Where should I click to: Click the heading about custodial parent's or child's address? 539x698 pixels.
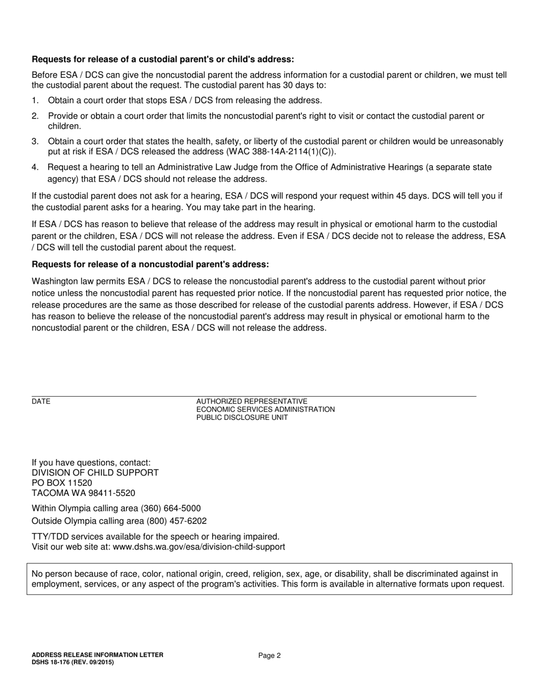point(163,59)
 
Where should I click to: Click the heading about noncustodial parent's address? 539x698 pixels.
point(150,264)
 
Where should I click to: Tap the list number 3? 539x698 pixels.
point(35,141)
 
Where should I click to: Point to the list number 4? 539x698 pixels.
point(35,167)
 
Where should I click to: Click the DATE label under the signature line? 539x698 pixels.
point(41,402)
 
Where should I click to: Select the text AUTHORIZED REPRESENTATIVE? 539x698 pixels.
point(251,401)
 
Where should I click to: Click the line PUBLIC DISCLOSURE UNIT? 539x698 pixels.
point(242,418)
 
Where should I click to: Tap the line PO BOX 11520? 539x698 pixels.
point(62,483)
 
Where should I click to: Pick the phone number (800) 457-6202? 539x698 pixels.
point(176,521)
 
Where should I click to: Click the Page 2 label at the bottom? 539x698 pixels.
point(269,655)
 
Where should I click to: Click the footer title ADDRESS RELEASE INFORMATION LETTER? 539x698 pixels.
point(98,655)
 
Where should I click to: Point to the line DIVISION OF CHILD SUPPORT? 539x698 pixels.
point(95,473)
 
